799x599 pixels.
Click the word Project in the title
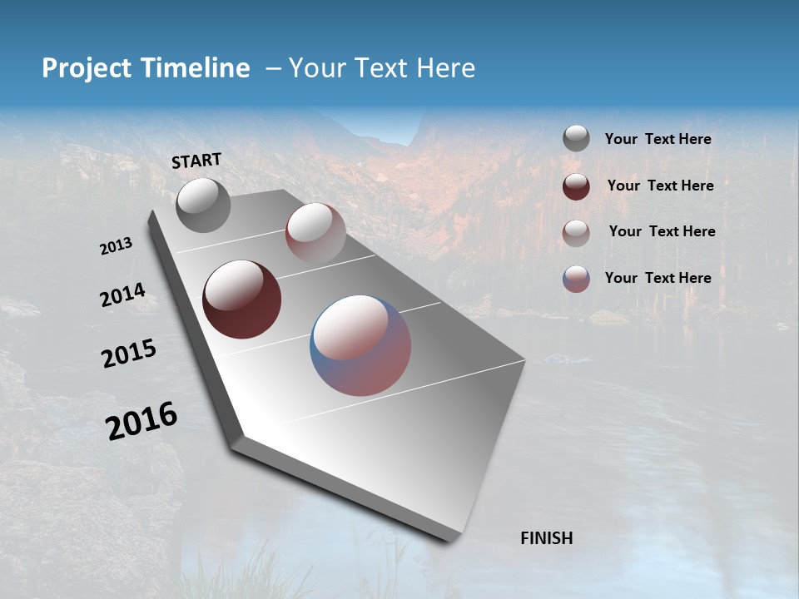(x=87, y=68)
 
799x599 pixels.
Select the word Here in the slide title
(x=445, y=68)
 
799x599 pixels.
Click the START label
(x=196, y=161)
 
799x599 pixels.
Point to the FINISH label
(x=547, y=538)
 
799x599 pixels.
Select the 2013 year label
(x=117, y=246)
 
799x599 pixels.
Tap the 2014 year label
(x=122, y=295)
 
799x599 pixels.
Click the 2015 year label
(x=129, y=354)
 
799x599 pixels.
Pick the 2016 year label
(x=141, y=420)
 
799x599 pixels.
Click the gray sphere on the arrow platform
(x=204, y=205)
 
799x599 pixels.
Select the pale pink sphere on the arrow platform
(x=315, y=233)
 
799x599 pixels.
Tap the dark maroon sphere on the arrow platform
(x=242, y=299)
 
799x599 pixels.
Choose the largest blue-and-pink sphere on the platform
(x=360, y=344)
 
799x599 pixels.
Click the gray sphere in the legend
(x=576, y=139)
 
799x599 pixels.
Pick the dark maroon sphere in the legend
(x=576, y=186)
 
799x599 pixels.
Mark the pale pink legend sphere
(x=576, y=232)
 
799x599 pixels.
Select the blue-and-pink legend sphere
(x=576, y=279)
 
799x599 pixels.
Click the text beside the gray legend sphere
(x=658, y=140)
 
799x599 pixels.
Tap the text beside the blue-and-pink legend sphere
(x=658, y=278)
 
